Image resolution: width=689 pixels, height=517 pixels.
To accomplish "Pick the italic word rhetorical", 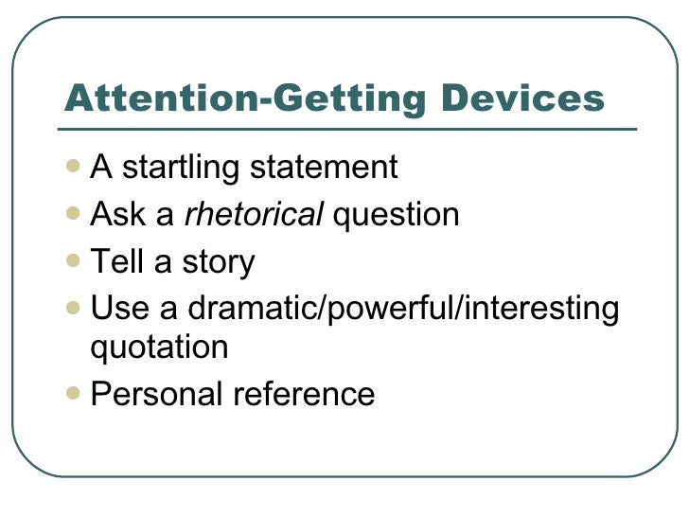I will [x=254, y=215].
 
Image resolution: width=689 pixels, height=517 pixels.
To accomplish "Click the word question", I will [x=397, y=217].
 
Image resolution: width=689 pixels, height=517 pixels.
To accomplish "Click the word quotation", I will [x=158, y=348].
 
